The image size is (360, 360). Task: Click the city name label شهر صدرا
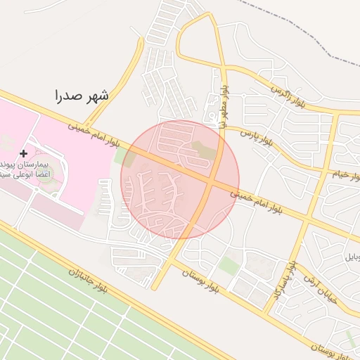(82, 95)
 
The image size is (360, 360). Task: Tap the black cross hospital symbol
(24, 153)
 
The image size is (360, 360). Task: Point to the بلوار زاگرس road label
(292, 97)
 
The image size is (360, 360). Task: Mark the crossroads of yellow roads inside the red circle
(211, 181)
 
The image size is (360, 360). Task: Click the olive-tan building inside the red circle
(201, 150)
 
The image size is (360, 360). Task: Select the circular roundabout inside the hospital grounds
(45, 171)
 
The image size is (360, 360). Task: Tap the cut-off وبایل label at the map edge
(352, 257)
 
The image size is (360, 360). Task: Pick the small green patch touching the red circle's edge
(120, 156)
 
